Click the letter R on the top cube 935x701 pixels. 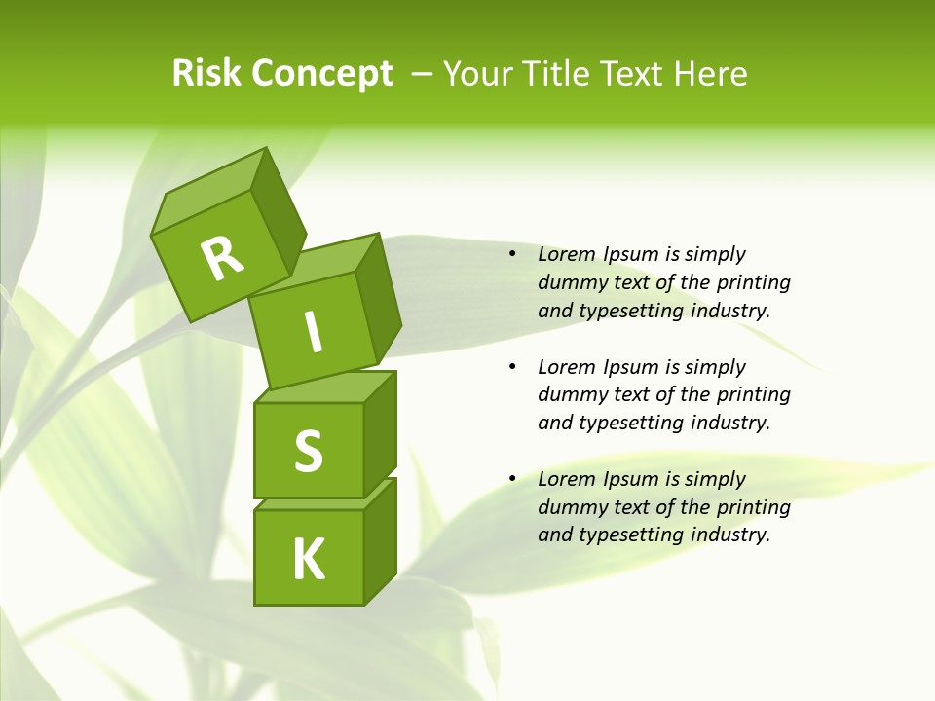tap(222, 259)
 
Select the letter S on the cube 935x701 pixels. tap(308, 451)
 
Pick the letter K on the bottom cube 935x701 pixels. tap(308, 560)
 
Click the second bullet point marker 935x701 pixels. tap(512, 367)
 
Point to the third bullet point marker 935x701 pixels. tap(512, 479)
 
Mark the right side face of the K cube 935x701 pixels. tap(381, 541)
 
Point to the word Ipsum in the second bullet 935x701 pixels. tap(632, 367)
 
